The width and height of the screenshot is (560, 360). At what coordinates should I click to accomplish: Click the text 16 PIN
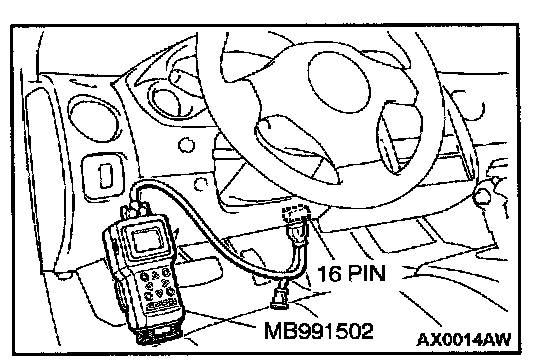[x=351, y=274]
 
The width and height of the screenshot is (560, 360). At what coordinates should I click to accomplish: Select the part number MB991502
[x=318, y=331]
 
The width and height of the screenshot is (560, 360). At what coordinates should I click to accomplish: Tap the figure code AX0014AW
[x=464, y=339]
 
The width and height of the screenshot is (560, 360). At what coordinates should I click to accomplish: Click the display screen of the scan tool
[x=147, y=239]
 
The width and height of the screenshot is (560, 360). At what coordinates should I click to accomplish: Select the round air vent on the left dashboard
[x=94, y=118]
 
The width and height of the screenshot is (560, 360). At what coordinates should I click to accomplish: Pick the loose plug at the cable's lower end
[x=280, y=296]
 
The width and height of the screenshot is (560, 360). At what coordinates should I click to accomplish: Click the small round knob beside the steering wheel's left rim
[x=186, y=146]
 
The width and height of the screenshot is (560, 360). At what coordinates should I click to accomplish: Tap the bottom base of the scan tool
[x=160, y=333]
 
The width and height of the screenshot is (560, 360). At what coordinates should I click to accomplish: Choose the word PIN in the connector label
[x=366, y=274]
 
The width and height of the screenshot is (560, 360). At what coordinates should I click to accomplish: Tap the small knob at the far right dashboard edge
[x=481, y=195]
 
